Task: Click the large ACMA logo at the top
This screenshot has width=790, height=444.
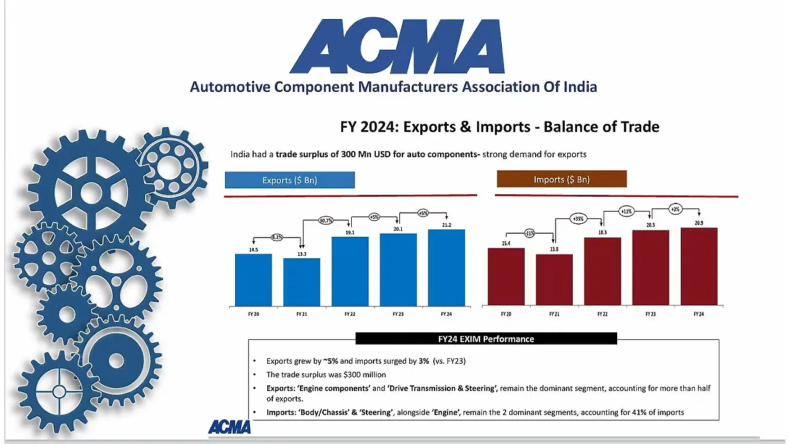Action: (397, 46)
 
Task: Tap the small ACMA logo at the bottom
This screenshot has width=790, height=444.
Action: (229, 427)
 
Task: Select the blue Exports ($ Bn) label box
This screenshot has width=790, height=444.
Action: (289, 180)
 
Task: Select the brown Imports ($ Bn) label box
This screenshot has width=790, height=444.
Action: (561, 179)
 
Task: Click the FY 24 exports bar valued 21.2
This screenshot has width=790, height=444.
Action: (446, 268)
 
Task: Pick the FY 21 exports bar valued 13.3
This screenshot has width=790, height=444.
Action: (302, 282)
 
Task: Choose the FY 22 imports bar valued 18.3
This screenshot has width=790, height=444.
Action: (602, 271)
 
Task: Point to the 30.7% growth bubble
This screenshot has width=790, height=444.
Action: (326, 220)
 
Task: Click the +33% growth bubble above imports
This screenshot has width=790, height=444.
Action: (578, 218)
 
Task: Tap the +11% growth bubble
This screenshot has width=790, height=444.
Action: (626, 212)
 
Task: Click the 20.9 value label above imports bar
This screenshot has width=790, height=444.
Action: (699, 223)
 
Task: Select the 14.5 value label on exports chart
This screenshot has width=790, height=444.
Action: (254, 249)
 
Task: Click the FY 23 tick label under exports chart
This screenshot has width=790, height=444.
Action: (398, 314)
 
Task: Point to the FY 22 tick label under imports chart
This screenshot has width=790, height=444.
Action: (602, 314)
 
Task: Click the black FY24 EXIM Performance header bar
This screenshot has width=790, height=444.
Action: (486, 339)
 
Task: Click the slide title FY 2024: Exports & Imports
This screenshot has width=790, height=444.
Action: (499, 127)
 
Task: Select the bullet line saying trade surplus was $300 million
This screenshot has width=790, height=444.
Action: (326, 374)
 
